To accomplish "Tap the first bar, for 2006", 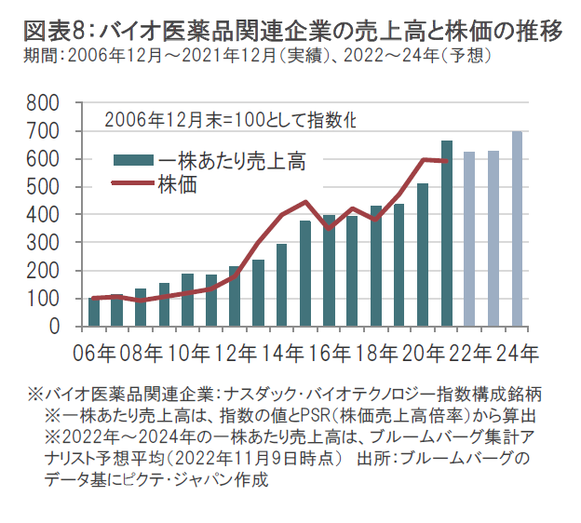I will tap(94, 313).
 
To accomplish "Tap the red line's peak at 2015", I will tap(305, 201).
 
